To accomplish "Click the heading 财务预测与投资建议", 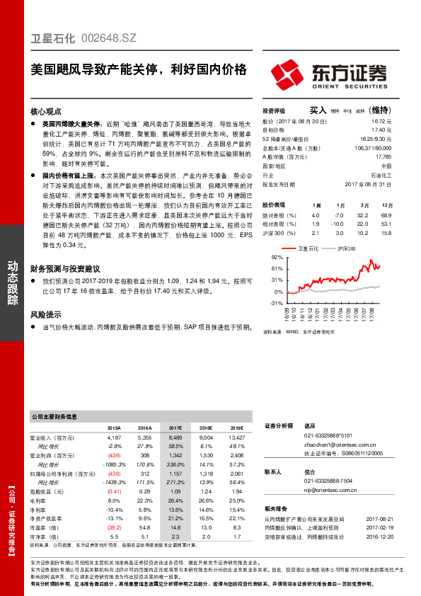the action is [x=64, y=269].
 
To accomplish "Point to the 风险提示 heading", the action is [x=45, y=314].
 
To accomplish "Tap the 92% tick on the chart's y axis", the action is [x=277, y=257].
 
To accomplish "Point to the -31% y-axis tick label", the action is [x=277, y=303].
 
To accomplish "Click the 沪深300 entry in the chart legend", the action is [x=346, y=248].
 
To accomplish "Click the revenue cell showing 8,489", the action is [x=175, y=439].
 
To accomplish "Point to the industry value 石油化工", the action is [x=381, y=175].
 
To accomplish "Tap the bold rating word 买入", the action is [x=318, y=110].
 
